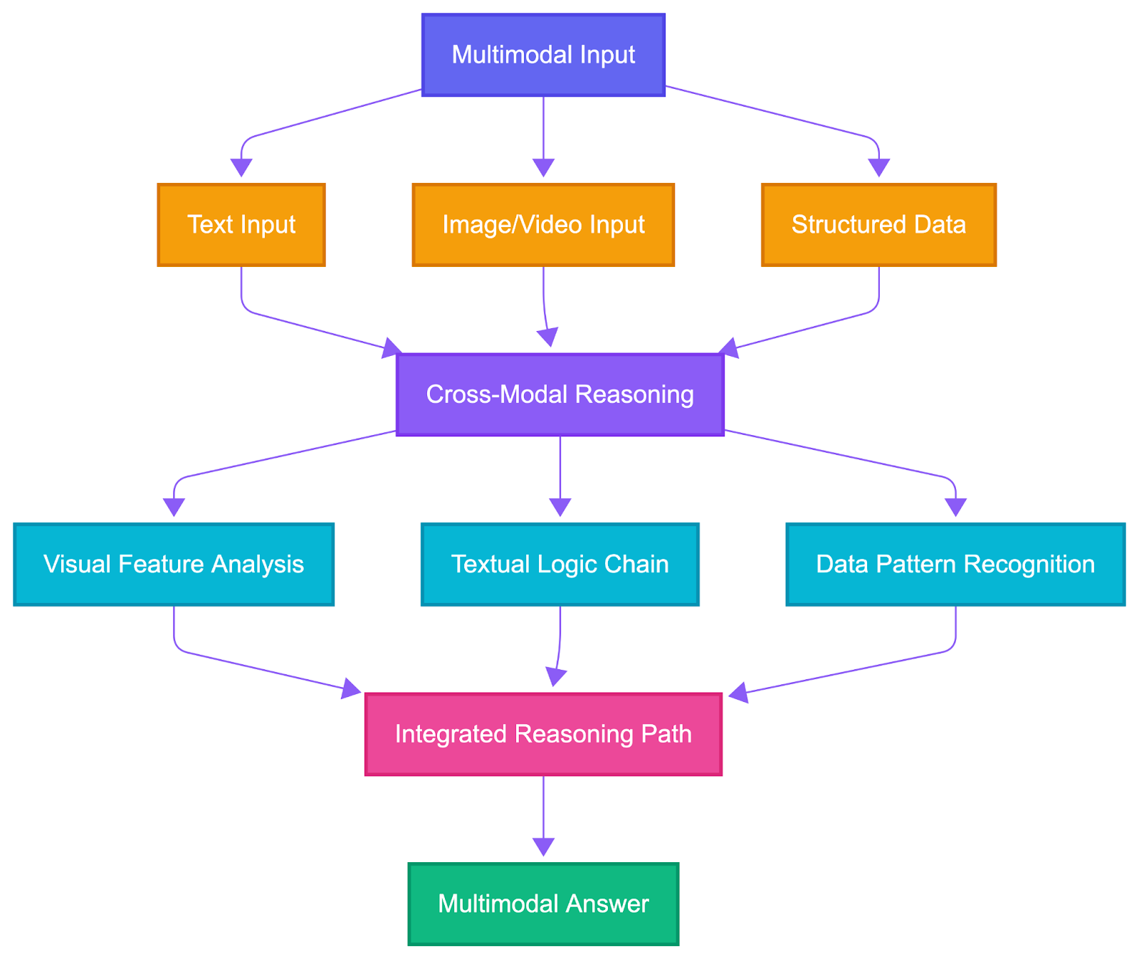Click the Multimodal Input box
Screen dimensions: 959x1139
[x=543, y=55]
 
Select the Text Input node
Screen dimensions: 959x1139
[x=241, y=225]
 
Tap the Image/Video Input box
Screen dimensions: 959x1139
[x=543, y=225]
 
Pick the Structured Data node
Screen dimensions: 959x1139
[x=878, y=225]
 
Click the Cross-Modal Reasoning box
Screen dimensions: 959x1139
[x=560, y=394]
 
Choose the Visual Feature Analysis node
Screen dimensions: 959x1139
[x=174, y=565]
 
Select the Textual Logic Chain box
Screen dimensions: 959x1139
[x=560, y=565]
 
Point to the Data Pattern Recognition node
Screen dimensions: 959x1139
[x=955, y=565]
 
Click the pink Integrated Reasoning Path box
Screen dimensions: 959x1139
[x=543, y=734]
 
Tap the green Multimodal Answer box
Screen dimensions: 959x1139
[x=543, y=904]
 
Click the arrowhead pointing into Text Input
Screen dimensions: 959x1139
[x=241, y=168]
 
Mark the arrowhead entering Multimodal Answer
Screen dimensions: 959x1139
[x=543, y=847]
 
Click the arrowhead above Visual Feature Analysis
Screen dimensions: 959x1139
[x=174, y=508]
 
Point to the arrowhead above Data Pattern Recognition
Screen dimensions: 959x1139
[x=955, y=508]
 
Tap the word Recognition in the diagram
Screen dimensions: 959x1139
[x=1040, y=565]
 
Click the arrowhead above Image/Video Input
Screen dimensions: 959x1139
[x=543, y=168]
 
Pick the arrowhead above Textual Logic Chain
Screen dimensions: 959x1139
[x=560, y=508]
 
